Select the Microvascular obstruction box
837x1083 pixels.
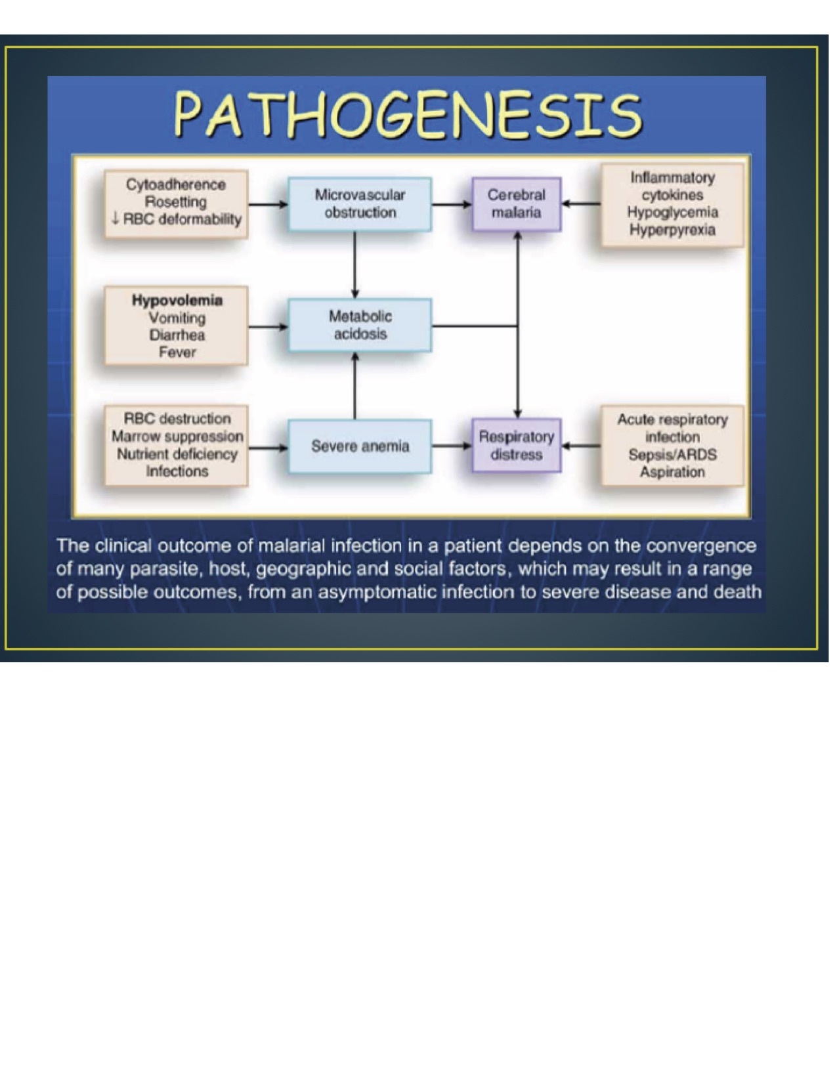tap(360, 203)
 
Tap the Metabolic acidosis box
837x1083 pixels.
tap(360, 325)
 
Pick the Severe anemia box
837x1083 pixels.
tap(360, 446)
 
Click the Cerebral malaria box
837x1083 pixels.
tap(516, 203)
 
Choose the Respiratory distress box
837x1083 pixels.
tap(516, 446)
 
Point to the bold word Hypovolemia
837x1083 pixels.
tap(177, 301)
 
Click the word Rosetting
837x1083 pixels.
tap(175, 202)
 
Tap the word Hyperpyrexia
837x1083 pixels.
tap(672, 230)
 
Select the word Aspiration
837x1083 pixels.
tap(672, 472)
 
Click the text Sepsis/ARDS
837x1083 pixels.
tap(672, 454)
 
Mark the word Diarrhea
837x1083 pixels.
tap(177, 335)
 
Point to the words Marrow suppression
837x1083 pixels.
tap(177, 436)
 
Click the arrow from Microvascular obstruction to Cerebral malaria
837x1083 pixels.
tap(452, 204)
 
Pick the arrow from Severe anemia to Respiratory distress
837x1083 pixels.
tap(452, 446)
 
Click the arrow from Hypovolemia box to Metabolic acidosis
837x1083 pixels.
tap(268, 326)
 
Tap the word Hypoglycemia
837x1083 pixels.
tap(672, 212)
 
